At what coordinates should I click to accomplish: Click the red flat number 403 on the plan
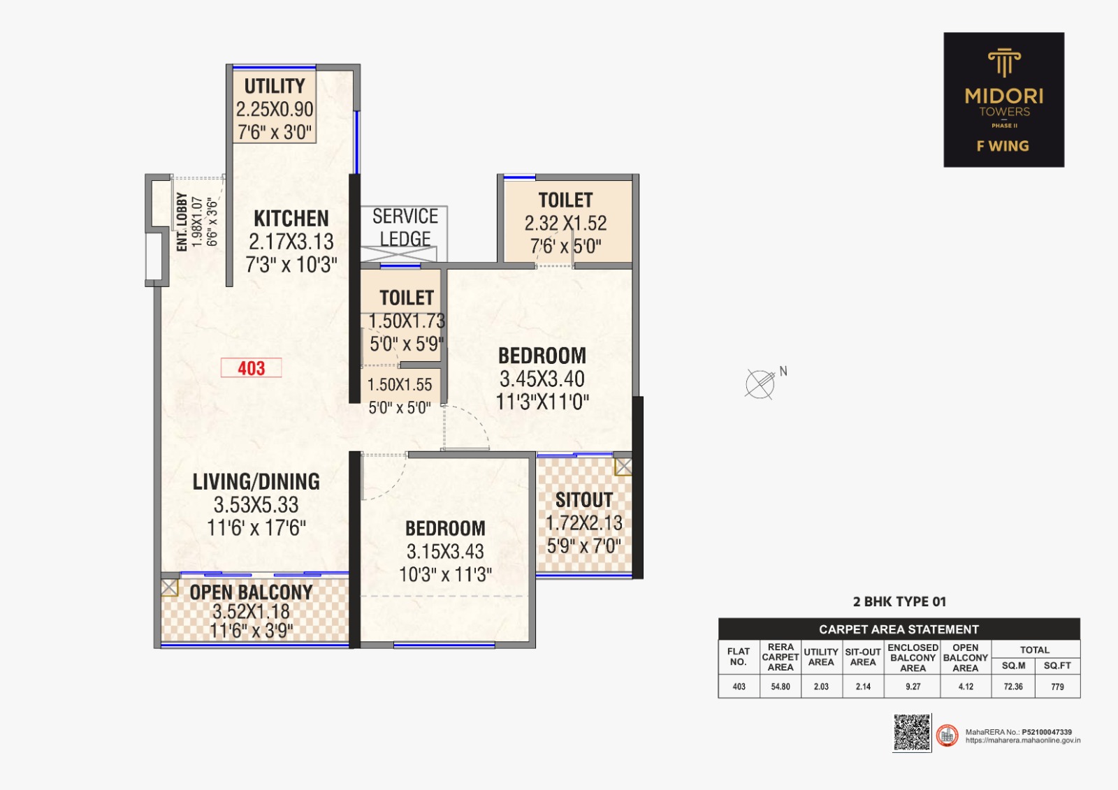tap(252, 368)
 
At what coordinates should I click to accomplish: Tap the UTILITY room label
tap(275, 86)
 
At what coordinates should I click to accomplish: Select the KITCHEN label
tap(291, 219)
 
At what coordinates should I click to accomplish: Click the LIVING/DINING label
tap(256, 481)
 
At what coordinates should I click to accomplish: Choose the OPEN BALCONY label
tap(252, 592)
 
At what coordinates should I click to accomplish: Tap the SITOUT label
tap(584, 500)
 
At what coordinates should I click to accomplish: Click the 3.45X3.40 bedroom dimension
tap(542, 379)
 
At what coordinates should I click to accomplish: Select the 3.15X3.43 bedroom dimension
tap(445, 551)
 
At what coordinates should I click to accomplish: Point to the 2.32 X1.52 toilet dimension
tap(565, 224)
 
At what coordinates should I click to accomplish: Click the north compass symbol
tap(760, 383)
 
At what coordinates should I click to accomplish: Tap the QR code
tap(912, 732)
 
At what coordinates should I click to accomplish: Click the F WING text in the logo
tap(1003, 146)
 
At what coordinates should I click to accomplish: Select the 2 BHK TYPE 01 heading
tap(899, 601)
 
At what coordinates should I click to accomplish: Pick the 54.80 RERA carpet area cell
tap(781, 687)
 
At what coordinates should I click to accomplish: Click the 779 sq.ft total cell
tap(1057, 687)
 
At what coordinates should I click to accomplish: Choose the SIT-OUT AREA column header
tap(863, 657)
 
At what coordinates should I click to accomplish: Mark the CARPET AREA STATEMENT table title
tap(899, 629)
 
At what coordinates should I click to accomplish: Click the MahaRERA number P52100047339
tap(1047, 732)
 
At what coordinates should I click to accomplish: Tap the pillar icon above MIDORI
tap(1004, 62)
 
